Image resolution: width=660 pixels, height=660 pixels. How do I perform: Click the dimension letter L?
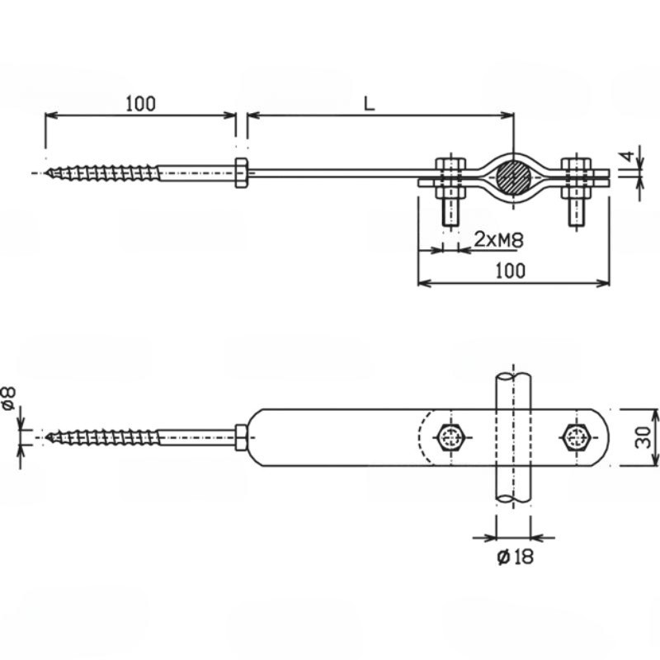pyautogui.click(x=369, y=104)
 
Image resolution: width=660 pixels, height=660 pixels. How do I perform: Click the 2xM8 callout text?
pyautogui.click(x=499, y=239)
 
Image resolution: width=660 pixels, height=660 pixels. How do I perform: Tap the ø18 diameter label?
pyautogui.click(x=515, y=557)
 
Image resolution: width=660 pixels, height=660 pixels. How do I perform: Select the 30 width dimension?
pyautogui.click(x=643, y=437)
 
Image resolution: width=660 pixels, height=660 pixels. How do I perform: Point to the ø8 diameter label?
pyautogui.click(x=9, y=398)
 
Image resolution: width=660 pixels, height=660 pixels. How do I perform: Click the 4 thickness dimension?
pyautogui.click(x=628, y=157)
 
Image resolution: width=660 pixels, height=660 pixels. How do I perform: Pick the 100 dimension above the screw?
pyautogui.click(x=140, y=104)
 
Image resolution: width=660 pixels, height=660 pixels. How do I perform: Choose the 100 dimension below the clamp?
pyautogui.click(x=510, y=271)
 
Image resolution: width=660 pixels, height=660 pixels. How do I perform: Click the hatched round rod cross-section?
pyautogui.click(x=513, y=177)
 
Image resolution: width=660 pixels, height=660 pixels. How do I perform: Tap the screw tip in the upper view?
pyautogui.click(x=46, y=172)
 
